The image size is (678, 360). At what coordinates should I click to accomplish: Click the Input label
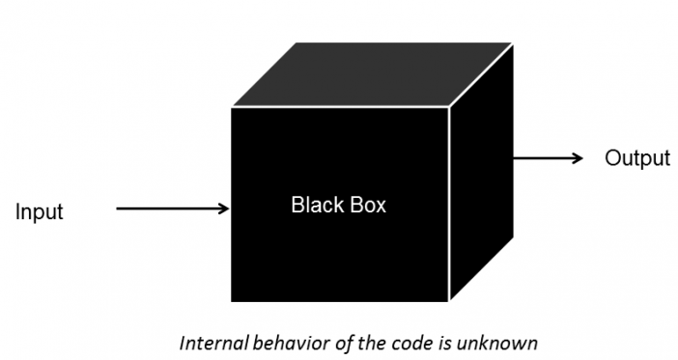(x=39, y=212)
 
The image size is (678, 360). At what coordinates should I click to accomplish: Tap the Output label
(x=637, y=158)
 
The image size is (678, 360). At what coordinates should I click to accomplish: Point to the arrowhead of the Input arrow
(x=224, y=208)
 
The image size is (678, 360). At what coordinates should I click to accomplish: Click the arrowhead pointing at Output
(x=578, y=158)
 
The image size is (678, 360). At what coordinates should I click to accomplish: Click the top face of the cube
(x=372, y=75)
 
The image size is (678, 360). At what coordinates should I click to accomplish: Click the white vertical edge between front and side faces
(x=450, y=203)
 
